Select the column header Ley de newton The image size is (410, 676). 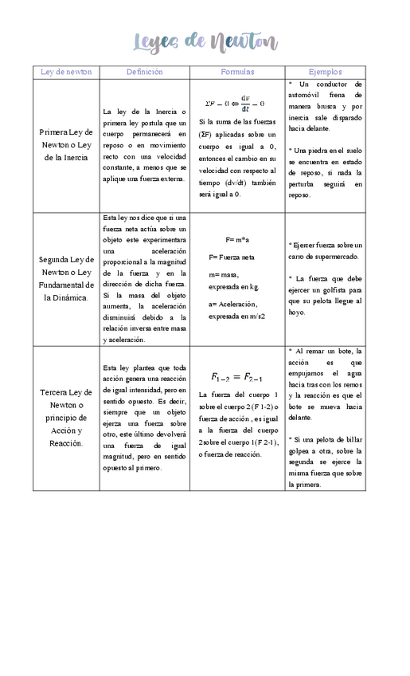(66, 72)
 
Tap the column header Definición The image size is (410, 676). (144, 72)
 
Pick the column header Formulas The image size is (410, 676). (237, 72)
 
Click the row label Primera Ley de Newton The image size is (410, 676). (66, 144)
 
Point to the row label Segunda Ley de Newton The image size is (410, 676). (66, 278)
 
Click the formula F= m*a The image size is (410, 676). (237, 240)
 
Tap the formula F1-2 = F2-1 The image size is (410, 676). (237, 377)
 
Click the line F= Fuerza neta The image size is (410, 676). (232, 257)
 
